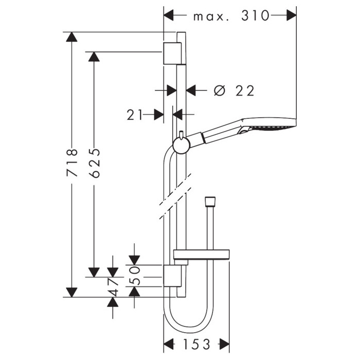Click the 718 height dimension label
click(72, 163)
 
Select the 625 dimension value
click(94, 163)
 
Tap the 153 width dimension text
click(196, 344)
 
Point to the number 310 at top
click(255, 15)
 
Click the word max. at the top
click(211, 17)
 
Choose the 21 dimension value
click(134, 115)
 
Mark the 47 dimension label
click(113, 287)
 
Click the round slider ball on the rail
click(182, 145)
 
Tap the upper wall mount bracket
click(172, 53)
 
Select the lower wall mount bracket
click(172, 276)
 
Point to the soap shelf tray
click(202, 254)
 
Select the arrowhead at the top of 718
click(71, 37)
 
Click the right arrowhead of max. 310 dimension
click(292, 15)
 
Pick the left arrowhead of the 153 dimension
click(168, 344)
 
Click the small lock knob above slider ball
click(181, 134)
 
